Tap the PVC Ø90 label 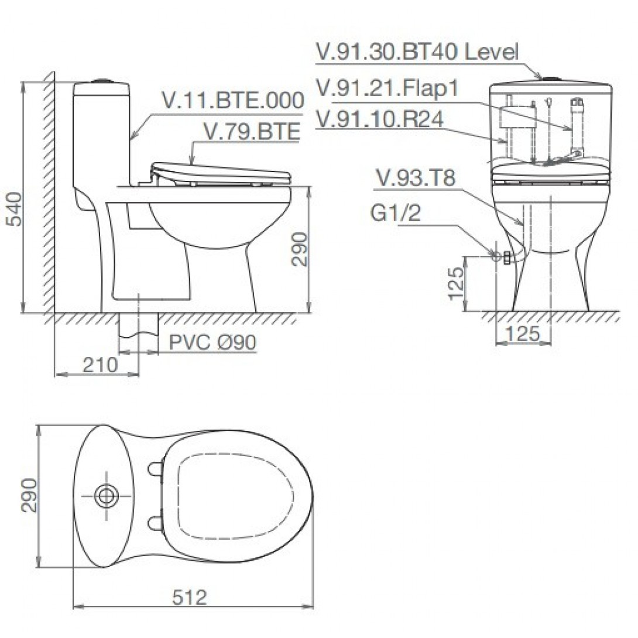pos(212,343)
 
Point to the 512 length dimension pos(190,598)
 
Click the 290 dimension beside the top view pos(29,495)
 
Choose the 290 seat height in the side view pos(299,249)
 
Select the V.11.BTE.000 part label pos(233,101)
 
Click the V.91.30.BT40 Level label pos(417,52)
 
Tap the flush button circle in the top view pos(107,496)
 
